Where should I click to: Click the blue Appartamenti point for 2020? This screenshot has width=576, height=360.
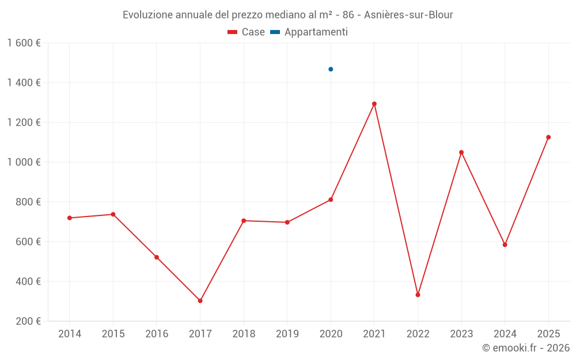[331, 69]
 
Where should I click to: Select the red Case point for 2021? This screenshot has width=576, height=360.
[374, 104]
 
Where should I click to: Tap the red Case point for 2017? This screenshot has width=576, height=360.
[200, 301]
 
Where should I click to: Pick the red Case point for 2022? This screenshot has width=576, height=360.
[418, 295]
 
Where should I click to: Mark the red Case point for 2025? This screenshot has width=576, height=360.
[548, 137]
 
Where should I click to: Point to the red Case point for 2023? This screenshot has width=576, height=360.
[461, 152]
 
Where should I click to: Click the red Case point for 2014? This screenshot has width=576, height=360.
[70, 218]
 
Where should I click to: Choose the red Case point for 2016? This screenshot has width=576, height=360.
[157, 257]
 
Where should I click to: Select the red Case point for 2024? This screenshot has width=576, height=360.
[505, 245]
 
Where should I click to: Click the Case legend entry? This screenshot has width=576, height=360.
[247, 32]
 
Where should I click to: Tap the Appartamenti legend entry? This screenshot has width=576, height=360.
[309, 32]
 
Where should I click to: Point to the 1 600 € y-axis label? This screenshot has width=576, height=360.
[24, 43]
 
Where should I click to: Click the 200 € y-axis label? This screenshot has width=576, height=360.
[28, 321]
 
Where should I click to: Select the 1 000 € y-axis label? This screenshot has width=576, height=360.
[24, 162]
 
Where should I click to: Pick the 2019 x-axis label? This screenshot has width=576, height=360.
[287, 334]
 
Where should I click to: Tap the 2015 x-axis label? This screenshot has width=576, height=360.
[113, 334]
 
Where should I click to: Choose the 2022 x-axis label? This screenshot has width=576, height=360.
[418, 334]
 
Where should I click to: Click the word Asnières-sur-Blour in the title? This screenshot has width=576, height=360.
[408, 14]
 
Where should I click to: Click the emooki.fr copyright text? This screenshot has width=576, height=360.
[526, 348]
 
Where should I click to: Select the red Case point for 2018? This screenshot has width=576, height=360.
[244, 221]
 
